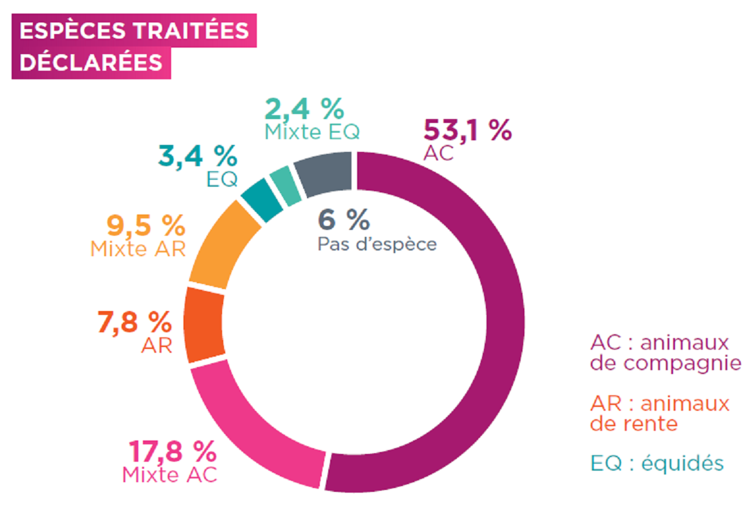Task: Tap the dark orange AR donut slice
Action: click(205, 325)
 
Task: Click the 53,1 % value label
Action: click(467, 130)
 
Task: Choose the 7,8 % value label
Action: click(134, 322)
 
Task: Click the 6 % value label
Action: click(344, 220)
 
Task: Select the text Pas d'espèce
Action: click(377, 244)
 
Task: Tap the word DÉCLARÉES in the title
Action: click(91, 62)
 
